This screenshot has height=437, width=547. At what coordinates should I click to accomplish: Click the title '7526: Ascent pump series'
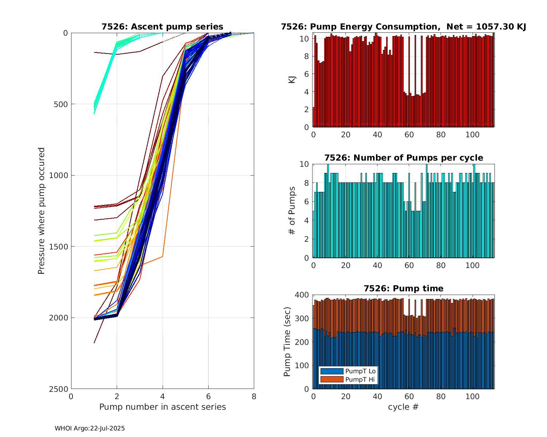tap(162, 27)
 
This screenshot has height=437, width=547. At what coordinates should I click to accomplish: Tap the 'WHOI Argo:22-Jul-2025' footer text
tap(90, 428)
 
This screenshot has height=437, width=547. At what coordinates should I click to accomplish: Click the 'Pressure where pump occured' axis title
tap(41, 210)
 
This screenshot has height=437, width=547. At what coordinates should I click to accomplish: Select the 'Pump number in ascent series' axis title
tap(162, 407)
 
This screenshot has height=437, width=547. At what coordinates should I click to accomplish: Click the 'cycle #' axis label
tap(403, 407)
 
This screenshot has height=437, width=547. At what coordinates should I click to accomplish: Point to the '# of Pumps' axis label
tap(292, 210)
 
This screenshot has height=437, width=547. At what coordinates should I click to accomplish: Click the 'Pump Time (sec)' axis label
tap(287, 342)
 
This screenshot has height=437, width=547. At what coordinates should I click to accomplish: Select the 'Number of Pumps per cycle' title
tap(403, 158)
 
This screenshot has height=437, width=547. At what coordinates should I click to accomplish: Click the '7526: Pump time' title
tap(403, 288)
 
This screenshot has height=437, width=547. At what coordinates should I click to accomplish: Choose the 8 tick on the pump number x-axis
tap(254, 397)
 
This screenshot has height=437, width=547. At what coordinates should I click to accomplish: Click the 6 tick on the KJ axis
tap(306, 74)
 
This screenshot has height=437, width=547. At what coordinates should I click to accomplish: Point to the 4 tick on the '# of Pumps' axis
tap(306, 220)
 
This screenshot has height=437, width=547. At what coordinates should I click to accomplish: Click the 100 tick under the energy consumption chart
tap(473, 135)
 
